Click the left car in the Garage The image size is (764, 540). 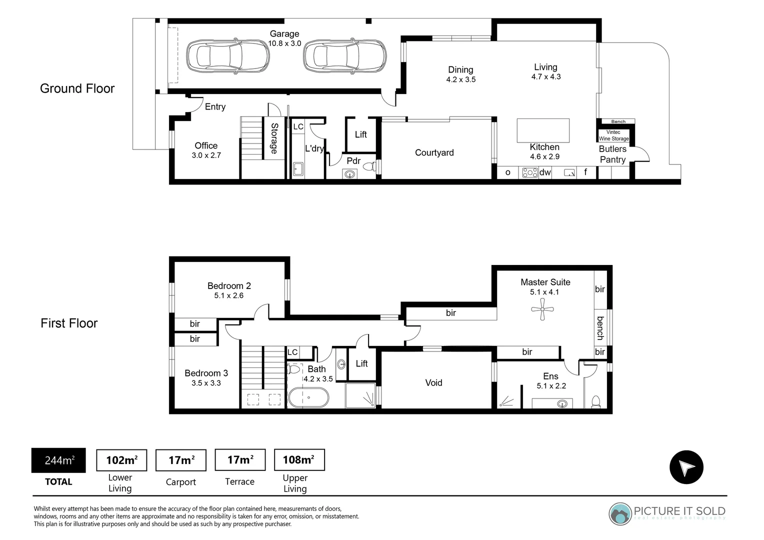pyautogui.click(x=228, y=56)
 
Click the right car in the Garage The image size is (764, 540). pyautogui.click(x=344, y=56)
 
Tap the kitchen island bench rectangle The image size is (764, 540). pyautogui.click(x=543, y=130)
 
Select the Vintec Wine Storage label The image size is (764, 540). pyautogui.click(x=613, y=135)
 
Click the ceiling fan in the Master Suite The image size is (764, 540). pyautogui.click(x=542, y=310)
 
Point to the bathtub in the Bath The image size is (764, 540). pyautogui.click(x=308, y=398)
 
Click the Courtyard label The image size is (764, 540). pyautogui.click(x=434, y=153)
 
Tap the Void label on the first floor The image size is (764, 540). pyautogui.click(x=433, y=383)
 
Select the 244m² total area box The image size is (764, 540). pyautogui.click(x=58, y=460)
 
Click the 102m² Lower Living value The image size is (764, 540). pyautogui.click(x=121, y=460)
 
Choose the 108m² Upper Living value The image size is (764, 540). pyautogui.click(x=299, y=460)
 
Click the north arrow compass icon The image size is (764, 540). pyautogui.click(x=686, y=467)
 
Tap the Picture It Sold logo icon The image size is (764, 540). pyautogui.click(x=620, y=513)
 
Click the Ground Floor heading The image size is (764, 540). pyautogui.click(x=77, y=88)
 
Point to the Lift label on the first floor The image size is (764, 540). pyautogui.click(x=361, y=363)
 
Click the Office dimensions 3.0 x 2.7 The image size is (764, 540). pyautogui.click(x=206, y=155)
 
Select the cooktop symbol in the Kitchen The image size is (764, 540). pyautogui.click(x=529, y=172)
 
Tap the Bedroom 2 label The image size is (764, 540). pyautogui.click(x=229, y=286)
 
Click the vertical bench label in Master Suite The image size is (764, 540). pyautogui.click(x=600, y=328)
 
